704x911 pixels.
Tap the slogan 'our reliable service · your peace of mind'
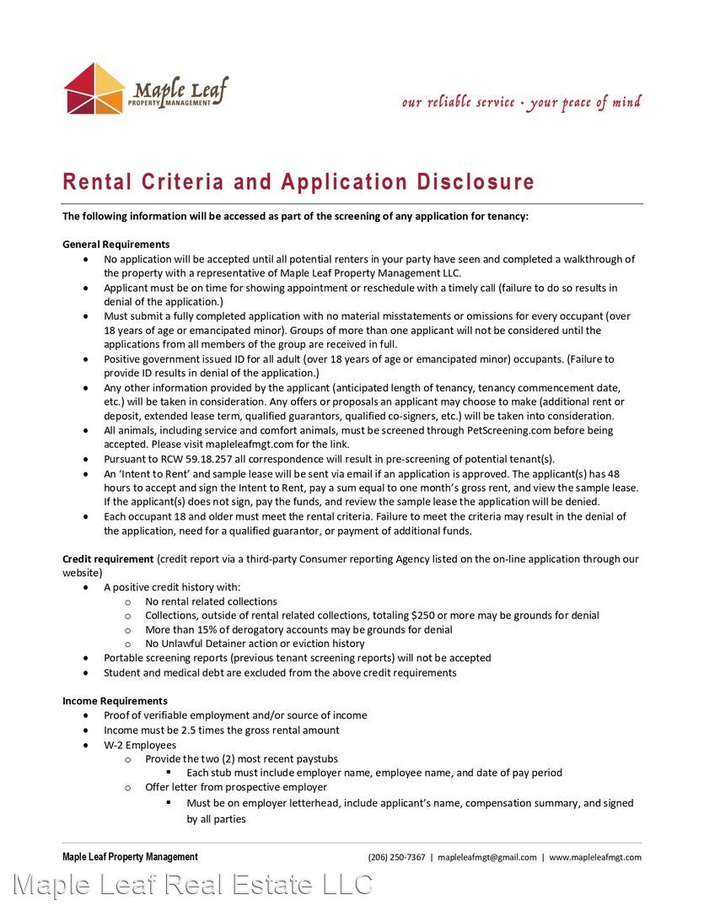[521, 103]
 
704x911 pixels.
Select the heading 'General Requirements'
[116, 245]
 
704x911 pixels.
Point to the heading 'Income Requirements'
[115, 701]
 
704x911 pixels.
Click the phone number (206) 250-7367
[396, 857]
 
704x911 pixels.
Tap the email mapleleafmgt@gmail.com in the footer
[487, 857]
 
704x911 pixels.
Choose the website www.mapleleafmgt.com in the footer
[595, 857]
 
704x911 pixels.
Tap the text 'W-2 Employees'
[140, 746]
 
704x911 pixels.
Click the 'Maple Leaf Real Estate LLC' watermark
[193, 885]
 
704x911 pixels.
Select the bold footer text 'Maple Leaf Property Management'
[130, 857]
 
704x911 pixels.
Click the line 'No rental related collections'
[211, 601]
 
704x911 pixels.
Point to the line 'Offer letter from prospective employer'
[236, 788]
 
